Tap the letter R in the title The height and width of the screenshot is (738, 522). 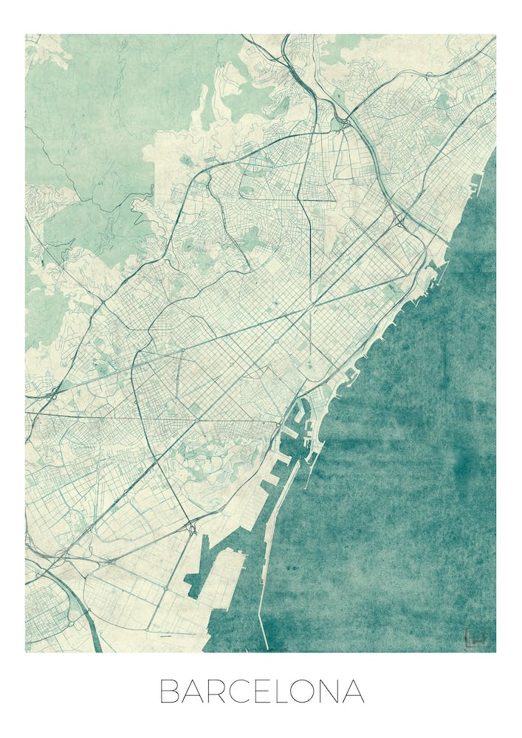pos(221,692)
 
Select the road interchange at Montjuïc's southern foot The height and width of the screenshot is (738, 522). pos(190,527)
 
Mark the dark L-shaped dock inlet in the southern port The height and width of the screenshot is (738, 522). pos(196,576)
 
